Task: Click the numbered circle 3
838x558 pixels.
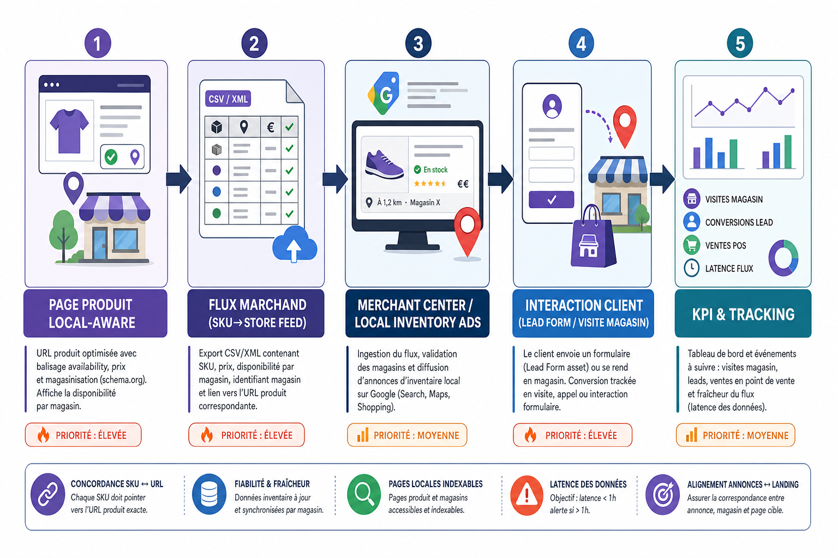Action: [x=418, y=44]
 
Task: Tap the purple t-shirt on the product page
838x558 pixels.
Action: [x=69, y=131]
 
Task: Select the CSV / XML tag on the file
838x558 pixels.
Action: [x=228, y=99]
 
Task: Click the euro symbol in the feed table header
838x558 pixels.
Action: [x=271, y=128]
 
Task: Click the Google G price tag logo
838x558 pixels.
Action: [x=384, y=93]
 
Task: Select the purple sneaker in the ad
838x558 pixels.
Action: [x=384, y=165]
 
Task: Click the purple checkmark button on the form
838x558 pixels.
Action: [x=551, y=199]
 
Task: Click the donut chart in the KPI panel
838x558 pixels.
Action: [x=783, y=258]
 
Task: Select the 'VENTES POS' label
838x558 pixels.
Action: [x=726, y=246]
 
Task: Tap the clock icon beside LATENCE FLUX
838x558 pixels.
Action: [x=691, y=268]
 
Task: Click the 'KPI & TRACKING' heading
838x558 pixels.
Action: [x=743, y=314]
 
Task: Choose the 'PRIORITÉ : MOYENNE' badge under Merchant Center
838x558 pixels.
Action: [x=407, y=435]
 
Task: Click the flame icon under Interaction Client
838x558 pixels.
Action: [x=530, y=435]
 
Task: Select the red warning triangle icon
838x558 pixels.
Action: [x=526, y=495]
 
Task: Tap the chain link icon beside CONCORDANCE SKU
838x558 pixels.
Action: [x=48, y=494]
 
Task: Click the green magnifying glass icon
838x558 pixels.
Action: [x=364, y=494]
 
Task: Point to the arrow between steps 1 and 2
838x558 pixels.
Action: [x=179, y=179]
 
